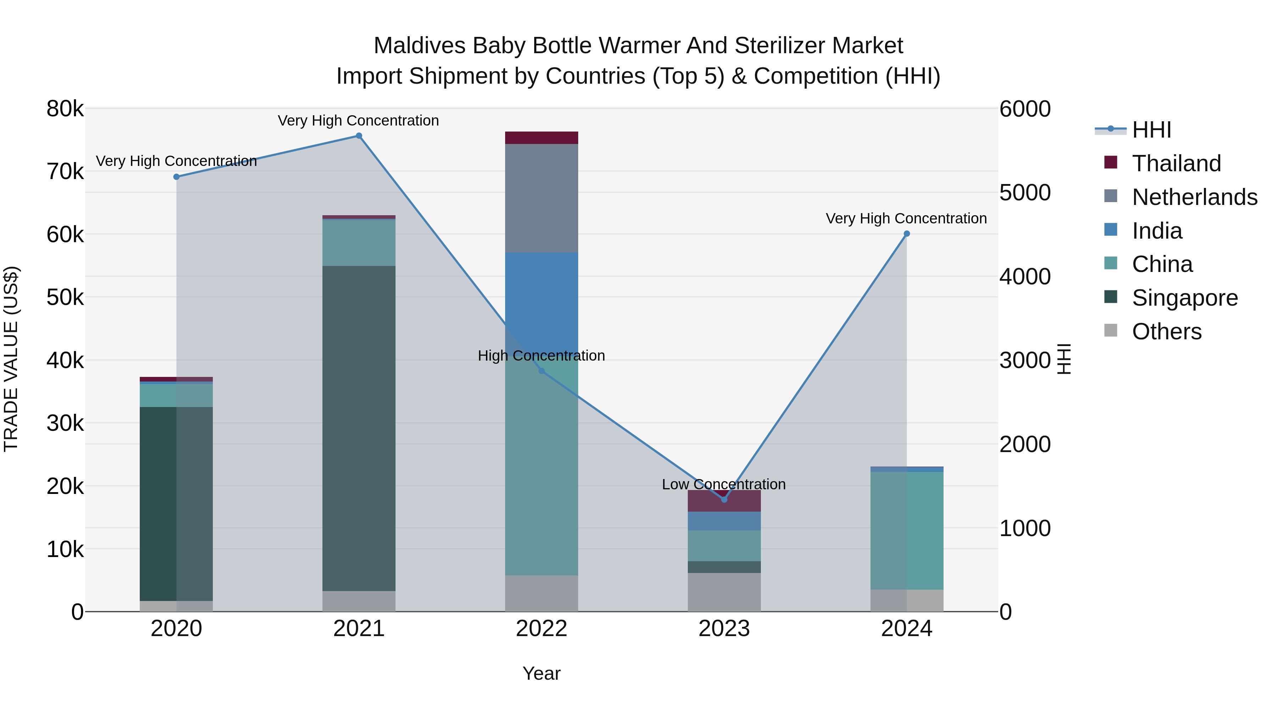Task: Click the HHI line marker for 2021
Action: [359, 136]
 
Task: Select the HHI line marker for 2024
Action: [907, 234]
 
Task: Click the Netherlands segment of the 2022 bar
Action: [541, 198]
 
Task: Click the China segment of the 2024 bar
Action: [907, 530]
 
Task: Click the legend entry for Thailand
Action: [1176, 163]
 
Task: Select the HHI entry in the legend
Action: [1151, 130]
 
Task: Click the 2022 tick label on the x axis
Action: [541, 629]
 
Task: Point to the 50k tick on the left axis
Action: [65, 297]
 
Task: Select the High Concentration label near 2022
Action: [541, 356]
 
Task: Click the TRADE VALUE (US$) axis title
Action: [11, 359]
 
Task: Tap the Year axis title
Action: [541, 673]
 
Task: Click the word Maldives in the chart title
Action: [419, 46]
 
